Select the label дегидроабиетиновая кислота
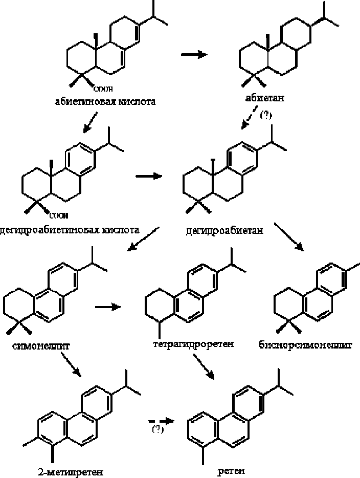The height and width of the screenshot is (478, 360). click(x=70, y=229)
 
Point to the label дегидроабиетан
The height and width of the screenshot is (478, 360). click(x=224, y=230)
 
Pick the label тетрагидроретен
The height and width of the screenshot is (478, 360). click(x=193, y=343)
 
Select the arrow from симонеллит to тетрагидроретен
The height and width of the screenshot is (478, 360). click(x=108, y=307)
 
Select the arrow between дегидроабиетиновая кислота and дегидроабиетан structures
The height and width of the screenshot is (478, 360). click(x=148, y=176)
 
